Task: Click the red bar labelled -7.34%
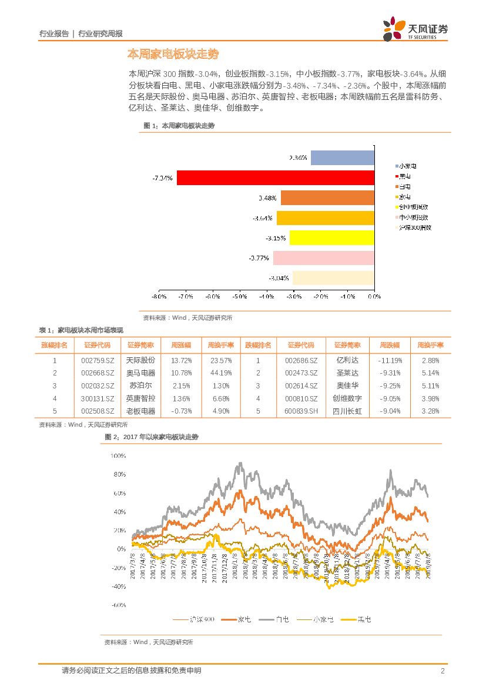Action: [275, 177]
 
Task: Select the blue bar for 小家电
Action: [342, 157]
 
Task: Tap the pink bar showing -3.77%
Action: [323, 258]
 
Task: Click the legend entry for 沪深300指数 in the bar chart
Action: [414, 227]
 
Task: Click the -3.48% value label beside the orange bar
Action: [267, 197]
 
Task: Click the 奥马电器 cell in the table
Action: [140, 373]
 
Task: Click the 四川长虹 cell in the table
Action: [347, 411]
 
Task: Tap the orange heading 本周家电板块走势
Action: [173, 54]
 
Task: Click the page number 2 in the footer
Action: [443, 671]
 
